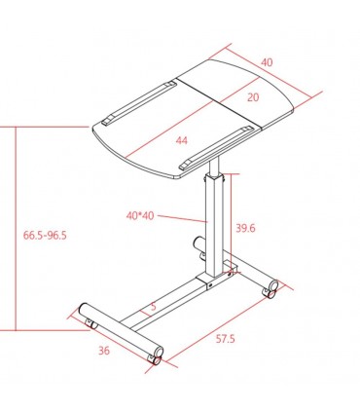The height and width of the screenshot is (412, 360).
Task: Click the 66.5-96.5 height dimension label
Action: pos(45,235)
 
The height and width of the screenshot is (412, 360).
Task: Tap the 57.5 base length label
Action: pos(225,339)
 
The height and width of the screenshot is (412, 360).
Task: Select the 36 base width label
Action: pos(104,351)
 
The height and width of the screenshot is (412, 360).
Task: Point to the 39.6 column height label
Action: pos(245,228)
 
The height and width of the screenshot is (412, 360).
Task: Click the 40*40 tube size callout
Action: pos(140,216)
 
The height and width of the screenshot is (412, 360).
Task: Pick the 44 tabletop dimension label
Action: pos(182,140)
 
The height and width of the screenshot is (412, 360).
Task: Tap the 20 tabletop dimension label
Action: pos(253,97)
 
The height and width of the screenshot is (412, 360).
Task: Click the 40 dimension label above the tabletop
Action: pos(267,62)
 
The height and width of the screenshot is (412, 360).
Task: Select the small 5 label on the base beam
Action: pos(154,306)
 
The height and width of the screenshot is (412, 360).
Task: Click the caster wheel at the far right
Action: pos(270,289)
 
